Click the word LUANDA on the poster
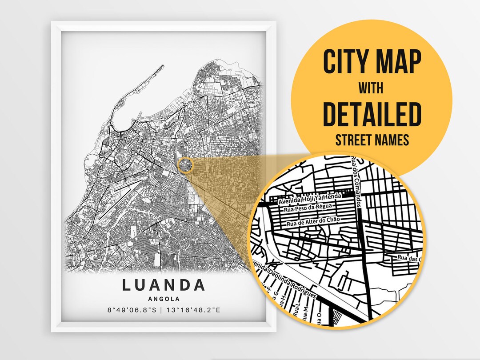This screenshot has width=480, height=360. click(164, 285)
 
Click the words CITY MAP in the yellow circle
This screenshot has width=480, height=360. click(372, 62)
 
